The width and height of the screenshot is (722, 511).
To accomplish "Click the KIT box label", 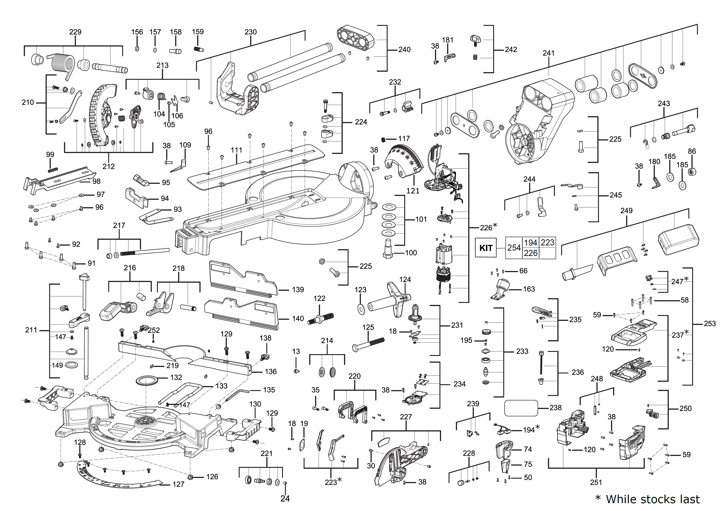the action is click(x=486, y=248).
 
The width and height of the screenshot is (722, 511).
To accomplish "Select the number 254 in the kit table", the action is click(x=514, y=248).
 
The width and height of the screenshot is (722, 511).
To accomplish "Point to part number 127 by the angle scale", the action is click(x=178, y=484).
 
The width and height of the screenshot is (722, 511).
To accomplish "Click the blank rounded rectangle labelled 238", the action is click(x=521, y=408).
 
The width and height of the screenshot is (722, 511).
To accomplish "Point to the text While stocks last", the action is click(x=653, y=499).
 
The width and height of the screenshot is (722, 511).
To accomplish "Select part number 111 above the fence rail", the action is click(x=236, y=150).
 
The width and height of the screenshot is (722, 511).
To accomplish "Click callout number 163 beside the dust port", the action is click(x=529, y=289).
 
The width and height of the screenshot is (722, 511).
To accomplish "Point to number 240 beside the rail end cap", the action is click(x=404, y=49).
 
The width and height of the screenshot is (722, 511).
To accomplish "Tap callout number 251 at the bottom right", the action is click(x=596, y=482).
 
